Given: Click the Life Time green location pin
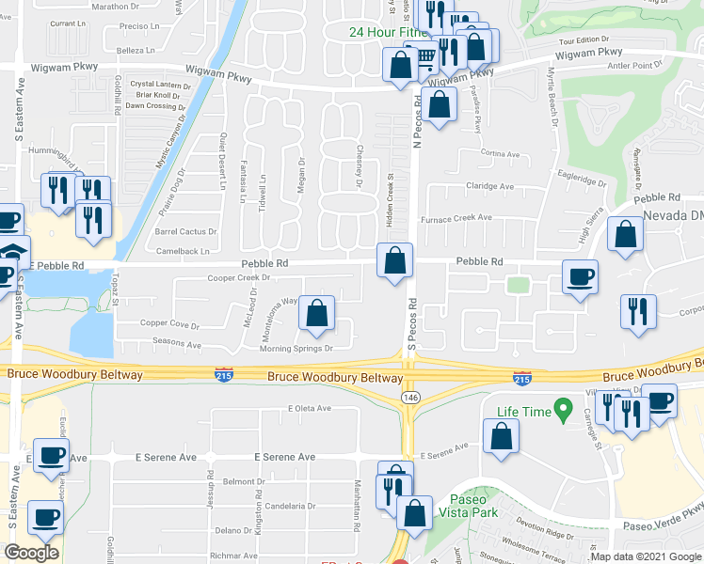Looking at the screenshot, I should pos(564,410).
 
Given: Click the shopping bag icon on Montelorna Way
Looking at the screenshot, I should pos(317,314).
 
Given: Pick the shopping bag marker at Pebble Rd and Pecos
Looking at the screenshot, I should pos(395,260).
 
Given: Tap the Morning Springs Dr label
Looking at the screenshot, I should pos(297,348).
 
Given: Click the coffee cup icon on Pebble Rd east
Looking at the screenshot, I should pos(580,277).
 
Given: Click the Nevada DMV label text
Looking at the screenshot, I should pos(674,216).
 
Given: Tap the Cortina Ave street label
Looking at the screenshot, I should pos(500,153).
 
